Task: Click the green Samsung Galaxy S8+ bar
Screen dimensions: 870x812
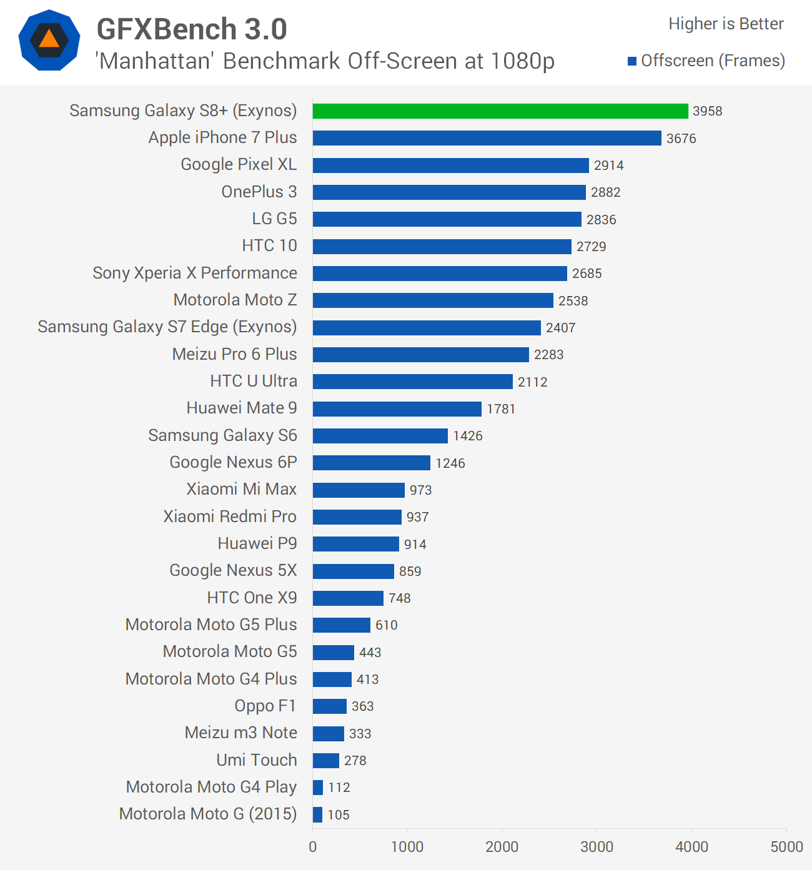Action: [500, 111]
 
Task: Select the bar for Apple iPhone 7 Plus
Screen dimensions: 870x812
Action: [487, 138]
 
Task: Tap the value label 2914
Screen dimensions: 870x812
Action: [608, 166]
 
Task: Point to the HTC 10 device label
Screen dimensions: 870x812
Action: [269, 245]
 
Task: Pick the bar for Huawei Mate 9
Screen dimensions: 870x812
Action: [397, 409]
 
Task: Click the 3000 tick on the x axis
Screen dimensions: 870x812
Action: [597, 847]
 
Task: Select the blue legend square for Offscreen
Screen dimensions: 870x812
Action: [632, 61]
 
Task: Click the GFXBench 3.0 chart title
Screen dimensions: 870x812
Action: [192, 29]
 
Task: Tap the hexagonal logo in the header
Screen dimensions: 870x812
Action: [49, 40]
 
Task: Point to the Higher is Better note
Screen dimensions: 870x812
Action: [726, 24]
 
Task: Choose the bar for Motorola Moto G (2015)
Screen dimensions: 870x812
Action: [317, 814]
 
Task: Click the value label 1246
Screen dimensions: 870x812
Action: [450, 463]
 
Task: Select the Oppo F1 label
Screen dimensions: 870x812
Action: [265, 706]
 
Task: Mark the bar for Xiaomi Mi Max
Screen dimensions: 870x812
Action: [359, 490]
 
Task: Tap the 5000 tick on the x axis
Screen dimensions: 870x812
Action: [786, 847]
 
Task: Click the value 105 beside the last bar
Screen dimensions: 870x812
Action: [339, 815]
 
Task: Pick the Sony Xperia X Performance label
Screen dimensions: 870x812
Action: [195, 273]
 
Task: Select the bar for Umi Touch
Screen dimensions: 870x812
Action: [325, 761]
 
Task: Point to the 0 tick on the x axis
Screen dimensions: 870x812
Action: [312, 847]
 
